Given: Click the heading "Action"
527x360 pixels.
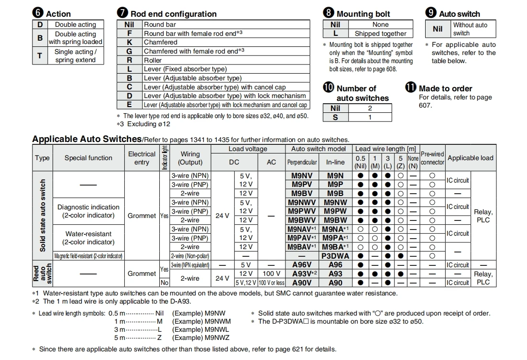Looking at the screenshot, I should click(58, 14).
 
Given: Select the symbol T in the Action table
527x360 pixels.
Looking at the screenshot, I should click(40, 55).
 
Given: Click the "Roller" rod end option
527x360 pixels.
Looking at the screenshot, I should click(153, 60).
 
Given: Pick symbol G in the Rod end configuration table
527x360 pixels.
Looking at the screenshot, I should click(129, 51).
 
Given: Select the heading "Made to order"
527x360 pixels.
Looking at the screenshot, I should click(445, 88).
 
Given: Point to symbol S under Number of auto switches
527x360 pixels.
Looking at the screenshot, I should click(335, 117).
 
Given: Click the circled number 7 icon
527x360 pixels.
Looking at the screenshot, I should click(122, 13).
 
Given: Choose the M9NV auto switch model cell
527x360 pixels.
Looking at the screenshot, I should click(302, 176).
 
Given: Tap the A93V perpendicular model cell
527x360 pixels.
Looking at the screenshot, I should click(302, 273).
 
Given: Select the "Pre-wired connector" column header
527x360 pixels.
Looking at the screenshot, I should click(432, 158).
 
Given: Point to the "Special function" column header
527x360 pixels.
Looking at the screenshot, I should click(88, 158).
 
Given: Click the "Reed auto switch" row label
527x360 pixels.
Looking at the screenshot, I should click(42, 273).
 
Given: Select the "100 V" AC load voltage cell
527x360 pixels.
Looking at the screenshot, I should click(271, 273).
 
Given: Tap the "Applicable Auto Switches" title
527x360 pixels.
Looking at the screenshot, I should click(87, 139).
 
